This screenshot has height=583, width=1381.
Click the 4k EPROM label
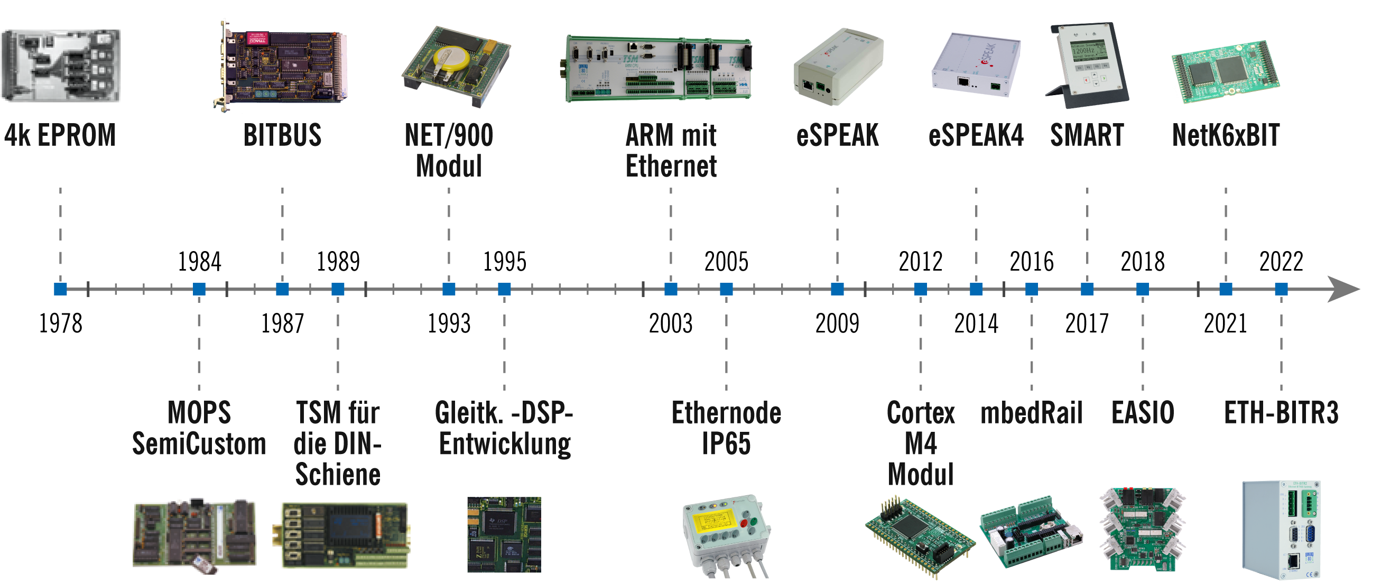coord(60,135)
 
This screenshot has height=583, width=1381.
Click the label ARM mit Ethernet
coord(671,150)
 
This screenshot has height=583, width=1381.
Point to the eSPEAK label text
coord(837,135)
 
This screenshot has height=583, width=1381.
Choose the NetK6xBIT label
coord(1226,135)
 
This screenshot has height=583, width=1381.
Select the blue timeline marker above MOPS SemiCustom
coord(199,289)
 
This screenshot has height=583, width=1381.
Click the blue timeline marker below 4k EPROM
coord(61,289)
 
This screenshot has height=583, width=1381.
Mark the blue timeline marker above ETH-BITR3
coord(1281,289)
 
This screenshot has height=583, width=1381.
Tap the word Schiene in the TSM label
coord(338,474)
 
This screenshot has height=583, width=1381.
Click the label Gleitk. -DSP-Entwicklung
coord(504,428)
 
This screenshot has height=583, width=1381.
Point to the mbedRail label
coord(1031,413)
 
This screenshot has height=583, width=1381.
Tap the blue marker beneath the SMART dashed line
coord(1087,289)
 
